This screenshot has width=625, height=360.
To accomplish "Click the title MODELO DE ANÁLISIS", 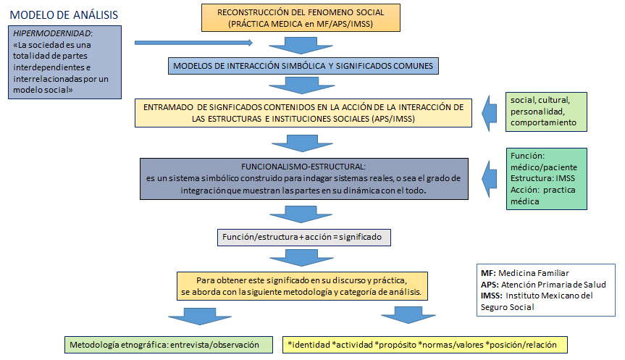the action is coord(64,15).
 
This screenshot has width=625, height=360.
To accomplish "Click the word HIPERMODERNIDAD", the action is coord(52,33).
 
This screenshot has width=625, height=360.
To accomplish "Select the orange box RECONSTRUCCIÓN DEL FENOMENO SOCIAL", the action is coord(301,18).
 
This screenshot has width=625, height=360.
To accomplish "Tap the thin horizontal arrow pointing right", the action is coord(193,43).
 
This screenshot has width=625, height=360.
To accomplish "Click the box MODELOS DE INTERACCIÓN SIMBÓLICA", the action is coord(303,66).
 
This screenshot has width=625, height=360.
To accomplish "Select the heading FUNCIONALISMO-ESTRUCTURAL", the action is coord(303,167).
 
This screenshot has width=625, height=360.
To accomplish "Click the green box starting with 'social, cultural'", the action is coord(546,112).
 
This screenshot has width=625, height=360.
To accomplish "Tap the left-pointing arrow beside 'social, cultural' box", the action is coord(489,113).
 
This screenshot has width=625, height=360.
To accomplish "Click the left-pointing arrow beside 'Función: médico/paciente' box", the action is coord(489,179).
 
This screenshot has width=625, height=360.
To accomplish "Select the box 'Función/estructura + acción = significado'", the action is coord(303,237).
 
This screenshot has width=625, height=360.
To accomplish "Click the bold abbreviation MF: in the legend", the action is coord(488,273).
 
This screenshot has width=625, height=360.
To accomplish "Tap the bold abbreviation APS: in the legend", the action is coord(490,285).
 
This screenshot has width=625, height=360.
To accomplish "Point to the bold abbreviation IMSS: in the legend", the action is coord(491,296).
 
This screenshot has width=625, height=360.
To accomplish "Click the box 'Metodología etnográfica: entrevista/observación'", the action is coord(169,345).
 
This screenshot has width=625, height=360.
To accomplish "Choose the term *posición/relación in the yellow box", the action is coord(521,345).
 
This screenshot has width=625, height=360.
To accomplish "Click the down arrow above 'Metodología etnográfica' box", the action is coord(200,317).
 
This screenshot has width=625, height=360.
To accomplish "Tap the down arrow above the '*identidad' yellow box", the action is coord(408,315).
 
